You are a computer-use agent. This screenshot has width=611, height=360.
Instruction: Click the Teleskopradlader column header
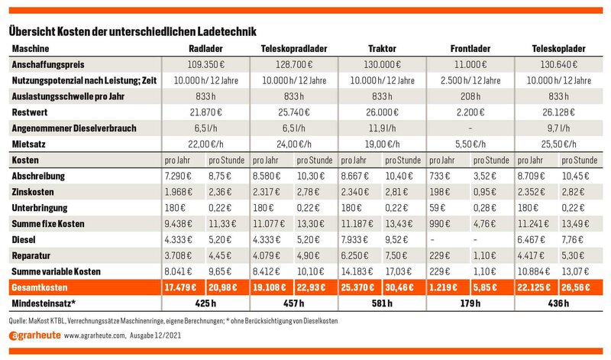coord(294,49)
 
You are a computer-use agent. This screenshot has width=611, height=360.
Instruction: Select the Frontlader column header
coord(470,49)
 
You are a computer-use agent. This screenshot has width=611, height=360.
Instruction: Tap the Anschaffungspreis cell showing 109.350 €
coord(205,65)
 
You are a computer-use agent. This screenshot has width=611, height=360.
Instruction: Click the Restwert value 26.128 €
coord(558,112)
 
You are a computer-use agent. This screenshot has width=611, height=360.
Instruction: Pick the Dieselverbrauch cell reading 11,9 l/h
coord(382,128)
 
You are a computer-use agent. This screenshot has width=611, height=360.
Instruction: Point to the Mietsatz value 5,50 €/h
coord(470,144)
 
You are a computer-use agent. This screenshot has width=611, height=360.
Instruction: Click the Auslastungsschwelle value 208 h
coord(470,96)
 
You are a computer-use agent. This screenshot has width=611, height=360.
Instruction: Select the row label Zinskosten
coord(33,193)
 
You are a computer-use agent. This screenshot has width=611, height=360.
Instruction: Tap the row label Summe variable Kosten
coord(56,272)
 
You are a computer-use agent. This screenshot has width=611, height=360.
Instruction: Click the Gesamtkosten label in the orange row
coord(40,288)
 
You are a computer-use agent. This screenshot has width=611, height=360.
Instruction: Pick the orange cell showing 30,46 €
coord(399,288)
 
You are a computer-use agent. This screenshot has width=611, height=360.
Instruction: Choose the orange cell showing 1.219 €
coord(443,288)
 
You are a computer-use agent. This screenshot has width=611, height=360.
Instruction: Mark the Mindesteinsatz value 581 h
coord(382,303)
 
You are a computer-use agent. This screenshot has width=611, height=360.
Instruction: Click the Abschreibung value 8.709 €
coord(531,177)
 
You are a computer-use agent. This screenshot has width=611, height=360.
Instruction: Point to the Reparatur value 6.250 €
coord(354,256)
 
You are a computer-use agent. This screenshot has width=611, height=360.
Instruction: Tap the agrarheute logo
coord(34,336)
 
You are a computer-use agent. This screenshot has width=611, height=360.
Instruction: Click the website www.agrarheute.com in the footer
coord(95,336)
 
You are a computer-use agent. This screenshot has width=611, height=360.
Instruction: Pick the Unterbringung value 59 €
coord(437,208)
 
